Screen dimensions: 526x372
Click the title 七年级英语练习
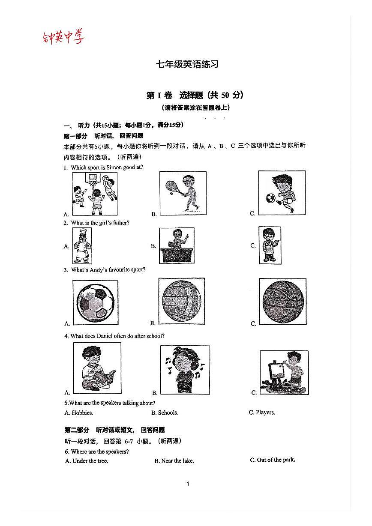click(187, 64)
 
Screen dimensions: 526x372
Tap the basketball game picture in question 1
click(94, 194)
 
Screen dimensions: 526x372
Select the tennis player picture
click(183, 191)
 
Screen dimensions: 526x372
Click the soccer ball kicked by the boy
click(270, 198)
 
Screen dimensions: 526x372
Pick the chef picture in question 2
click(82, 245)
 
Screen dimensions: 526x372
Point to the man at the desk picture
click(176, 245)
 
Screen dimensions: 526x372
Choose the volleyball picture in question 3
click(181, 300)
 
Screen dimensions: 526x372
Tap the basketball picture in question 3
click(282, 301)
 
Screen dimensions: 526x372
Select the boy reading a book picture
click(96, 368)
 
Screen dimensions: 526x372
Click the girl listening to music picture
click(185, 369)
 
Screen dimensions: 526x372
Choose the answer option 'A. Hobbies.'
click(79, 413)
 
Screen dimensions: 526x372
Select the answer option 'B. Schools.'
click(165, 413)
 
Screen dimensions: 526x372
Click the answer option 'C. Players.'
click(262, 412)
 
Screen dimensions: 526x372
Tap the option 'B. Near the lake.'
click(174, 461)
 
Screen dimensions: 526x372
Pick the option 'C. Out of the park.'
click(272, 460)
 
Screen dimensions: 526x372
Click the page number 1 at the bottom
click(188, 484)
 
